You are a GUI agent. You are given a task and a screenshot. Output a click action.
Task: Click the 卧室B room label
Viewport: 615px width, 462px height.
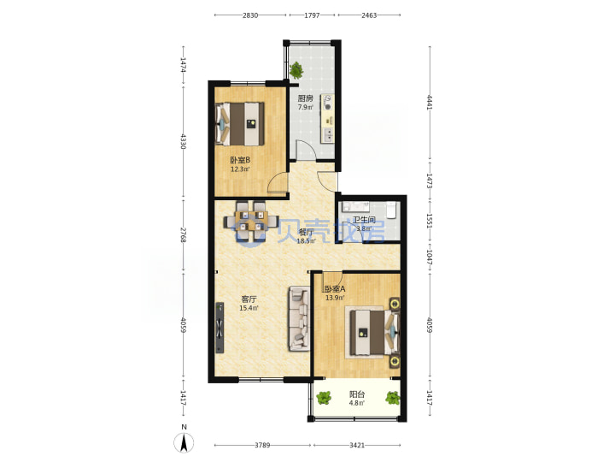[240, 160]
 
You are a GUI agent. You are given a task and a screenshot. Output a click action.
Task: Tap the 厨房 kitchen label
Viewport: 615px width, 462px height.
[305, 98]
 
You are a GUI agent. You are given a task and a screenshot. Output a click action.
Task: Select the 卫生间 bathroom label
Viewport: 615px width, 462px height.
[364, 220]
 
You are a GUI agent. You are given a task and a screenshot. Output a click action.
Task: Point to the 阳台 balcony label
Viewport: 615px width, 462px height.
[357, 394]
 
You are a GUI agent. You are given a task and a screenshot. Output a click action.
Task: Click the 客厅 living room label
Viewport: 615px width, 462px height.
[249, 299]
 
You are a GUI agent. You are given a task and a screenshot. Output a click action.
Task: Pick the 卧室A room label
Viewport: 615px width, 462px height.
[335, 289]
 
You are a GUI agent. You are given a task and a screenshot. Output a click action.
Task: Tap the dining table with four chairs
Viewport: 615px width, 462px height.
[251, 221]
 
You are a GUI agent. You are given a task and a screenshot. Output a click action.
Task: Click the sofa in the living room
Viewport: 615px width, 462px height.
[300, 318]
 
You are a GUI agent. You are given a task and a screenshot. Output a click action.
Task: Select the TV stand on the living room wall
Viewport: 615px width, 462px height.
[220, 327]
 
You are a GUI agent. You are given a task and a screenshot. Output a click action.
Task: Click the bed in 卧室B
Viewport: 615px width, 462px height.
[240, 124]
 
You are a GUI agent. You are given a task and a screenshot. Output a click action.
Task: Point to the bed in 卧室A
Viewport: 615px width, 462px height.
[372, 332]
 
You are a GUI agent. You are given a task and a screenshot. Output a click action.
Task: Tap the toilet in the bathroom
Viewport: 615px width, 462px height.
[391, 210]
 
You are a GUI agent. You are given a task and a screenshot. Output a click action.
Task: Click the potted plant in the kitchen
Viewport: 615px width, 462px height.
[296, 70]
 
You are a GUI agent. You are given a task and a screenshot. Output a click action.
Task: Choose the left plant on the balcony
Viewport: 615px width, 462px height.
[324, 398]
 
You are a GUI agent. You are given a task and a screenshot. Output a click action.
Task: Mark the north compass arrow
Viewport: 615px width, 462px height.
[184, 443]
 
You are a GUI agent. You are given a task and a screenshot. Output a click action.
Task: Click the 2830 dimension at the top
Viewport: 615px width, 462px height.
[250, 15]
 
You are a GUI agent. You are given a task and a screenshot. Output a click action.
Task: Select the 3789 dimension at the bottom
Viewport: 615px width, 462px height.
[262, 445]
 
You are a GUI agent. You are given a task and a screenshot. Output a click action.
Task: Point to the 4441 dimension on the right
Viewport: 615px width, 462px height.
[430, 102]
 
